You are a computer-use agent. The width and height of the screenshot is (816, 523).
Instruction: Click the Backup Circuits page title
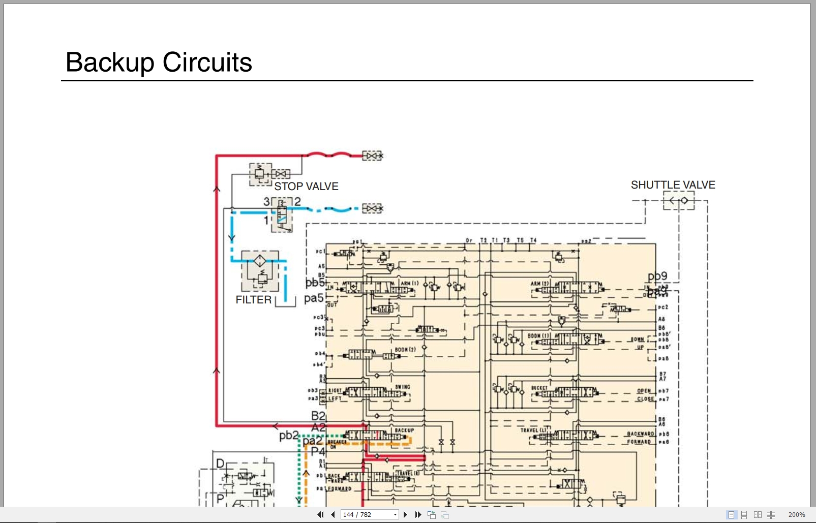(159, 63)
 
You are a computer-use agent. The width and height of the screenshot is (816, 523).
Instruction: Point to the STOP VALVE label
(306, 187)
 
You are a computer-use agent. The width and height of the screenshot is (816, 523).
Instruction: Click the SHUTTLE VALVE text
(673, 185)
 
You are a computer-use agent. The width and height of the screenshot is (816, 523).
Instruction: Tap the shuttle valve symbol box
(679, 201)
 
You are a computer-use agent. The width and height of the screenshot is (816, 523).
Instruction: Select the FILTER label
(253, 300)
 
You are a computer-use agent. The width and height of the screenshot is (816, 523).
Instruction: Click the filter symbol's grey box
(260, 270)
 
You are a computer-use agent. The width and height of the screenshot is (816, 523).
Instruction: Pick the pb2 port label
(288, 436)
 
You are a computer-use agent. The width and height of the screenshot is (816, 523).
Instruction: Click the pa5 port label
(313, 298)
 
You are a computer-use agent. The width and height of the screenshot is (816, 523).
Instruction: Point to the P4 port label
(318, 451)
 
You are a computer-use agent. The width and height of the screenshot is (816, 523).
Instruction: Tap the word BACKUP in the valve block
(404, 430)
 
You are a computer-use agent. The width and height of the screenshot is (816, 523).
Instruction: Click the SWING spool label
(402, 387)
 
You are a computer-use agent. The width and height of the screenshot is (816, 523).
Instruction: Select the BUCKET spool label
(539, 388)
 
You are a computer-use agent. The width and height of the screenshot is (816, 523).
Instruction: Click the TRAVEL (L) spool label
(533, 430)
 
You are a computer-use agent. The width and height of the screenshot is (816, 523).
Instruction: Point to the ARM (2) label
(539, 284)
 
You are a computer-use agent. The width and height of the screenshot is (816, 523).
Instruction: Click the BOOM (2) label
(405, 350)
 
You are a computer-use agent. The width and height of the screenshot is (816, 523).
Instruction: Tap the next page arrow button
(405, 514)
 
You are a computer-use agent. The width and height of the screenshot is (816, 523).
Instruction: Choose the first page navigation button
(320, 514)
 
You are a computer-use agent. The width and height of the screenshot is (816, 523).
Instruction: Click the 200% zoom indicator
(796, 514)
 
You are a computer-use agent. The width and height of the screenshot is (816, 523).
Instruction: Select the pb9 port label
(657, 276)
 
